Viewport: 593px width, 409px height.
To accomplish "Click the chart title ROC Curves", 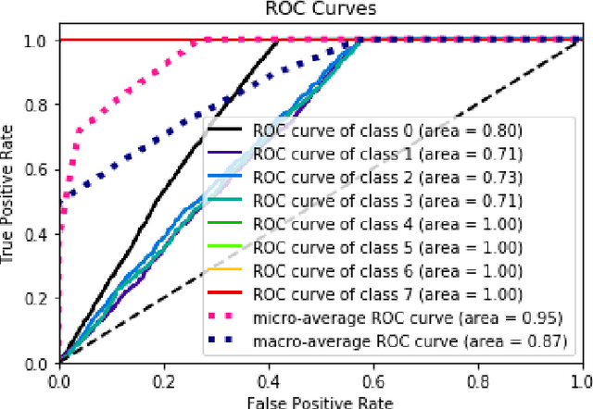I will pyautogui.click(x=321, y=10).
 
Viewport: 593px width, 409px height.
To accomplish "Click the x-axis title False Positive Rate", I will pyautogui.click(x=321, y=401).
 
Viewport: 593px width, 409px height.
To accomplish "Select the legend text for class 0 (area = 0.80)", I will pyautogui.click(x=386, y=130).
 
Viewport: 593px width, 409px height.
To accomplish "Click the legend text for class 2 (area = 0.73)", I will pyautogui.click(x=386, y=176).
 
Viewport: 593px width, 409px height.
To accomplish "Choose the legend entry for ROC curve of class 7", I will pyautogui.click(x=386, y=296).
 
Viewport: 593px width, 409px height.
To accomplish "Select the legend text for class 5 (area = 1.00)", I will pyautogui.click(x=386, y=248).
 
